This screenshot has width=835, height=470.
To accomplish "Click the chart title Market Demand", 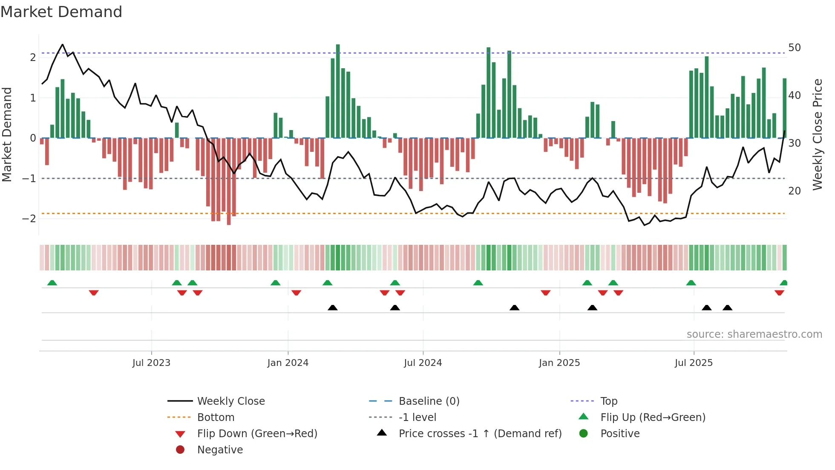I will pyautogui.click(x=61, y=12).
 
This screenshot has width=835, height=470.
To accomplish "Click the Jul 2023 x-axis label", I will pyautogui.click(x=151, y=363).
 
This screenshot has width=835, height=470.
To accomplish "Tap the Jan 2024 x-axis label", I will pyautogui.click(x=288, y=363).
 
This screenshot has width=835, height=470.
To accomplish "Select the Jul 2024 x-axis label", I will pyautogui.click(x=423, y=363).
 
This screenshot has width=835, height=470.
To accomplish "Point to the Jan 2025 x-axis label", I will pyautogui.click(x=559, y=363).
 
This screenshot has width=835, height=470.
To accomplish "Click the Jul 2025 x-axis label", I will pyautogui.click(x=694, y=363).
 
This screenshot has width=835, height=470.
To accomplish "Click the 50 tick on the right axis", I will pyautogui.click(x=794, y=47).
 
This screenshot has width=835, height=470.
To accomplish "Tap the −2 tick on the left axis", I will pyautogui.click(x=29, y=219).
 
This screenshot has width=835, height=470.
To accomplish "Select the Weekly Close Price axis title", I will pyautogui.click(x=817, y=134).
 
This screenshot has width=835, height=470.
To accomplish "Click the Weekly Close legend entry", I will pyautogui.click(x=230, y=401).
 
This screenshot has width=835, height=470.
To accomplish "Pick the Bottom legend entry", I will pyautogui.click(x=216, y=418).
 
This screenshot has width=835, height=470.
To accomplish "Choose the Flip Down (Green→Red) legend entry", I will pyautogui.click(x=257, y=434).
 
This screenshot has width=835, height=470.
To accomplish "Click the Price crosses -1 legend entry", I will pyautogui.click(x=480, y=434).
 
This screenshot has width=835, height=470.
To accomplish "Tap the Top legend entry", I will pyautogui.click(x=608, y=401).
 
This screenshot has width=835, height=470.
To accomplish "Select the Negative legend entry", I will pyautogui.click(x=220, y=450).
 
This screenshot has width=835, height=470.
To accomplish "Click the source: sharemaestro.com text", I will pyautogui.click(x=754, y=334).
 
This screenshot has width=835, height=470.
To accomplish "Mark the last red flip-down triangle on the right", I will pyautogui.click(x=779, y=293).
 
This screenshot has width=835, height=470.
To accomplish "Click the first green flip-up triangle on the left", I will pyautogui.click(x=52, y=283).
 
